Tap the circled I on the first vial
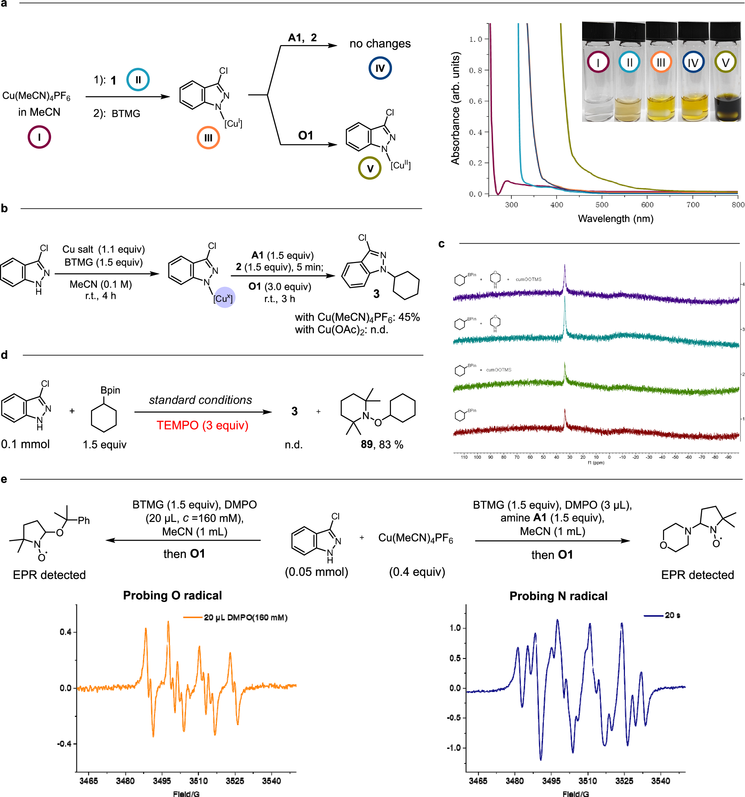597,63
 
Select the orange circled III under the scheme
208,138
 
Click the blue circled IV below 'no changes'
380,68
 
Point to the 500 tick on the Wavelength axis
602,205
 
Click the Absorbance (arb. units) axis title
455,108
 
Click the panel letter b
4,208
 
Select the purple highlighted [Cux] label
223,298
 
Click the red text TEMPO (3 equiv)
202,425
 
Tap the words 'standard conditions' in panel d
201,400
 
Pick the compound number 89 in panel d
366,444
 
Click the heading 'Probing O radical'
173,595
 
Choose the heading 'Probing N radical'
558,596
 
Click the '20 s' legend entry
672,616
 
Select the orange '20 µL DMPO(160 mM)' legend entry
245,617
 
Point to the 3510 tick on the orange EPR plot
199,781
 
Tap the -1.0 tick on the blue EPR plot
455,748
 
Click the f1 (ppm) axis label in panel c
596,463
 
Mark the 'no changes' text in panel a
380,43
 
